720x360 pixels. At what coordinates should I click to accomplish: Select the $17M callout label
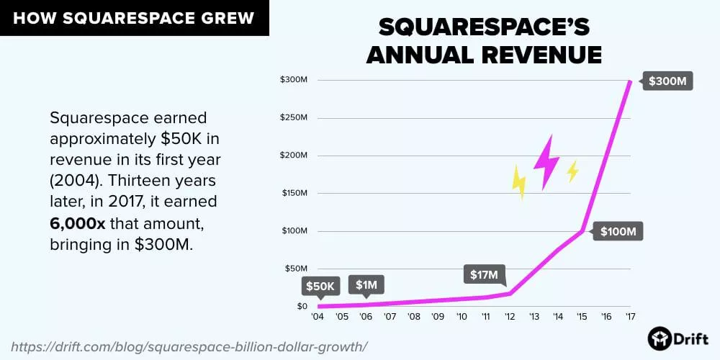(485, 275)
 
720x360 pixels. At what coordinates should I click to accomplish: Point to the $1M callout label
(366, 285)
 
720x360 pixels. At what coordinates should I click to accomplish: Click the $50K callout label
(320, 287)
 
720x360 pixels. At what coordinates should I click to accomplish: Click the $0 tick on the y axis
(303, 307)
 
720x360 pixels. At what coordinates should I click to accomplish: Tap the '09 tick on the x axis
(438, 317)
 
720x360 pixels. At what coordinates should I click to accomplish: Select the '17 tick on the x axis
(631, 317)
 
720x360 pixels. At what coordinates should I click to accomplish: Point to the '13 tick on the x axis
(534, 317)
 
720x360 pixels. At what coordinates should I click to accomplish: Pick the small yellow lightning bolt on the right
(572, 171)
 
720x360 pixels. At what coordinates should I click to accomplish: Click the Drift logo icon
(658, 338)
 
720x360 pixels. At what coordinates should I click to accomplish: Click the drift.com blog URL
(186, 346)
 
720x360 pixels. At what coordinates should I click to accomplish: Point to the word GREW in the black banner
(228, 17)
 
